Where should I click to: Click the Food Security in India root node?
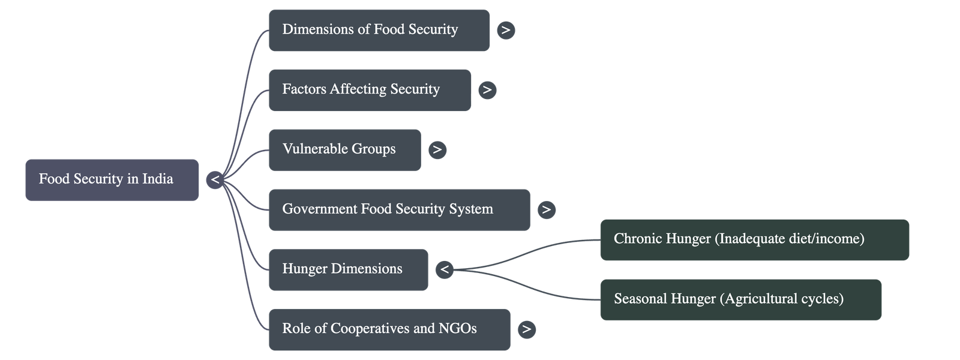pos(112,179)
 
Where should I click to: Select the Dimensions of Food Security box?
pos(379,30)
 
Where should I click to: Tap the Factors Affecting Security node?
pos(370,90)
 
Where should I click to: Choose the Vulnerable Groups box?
pos(344,149)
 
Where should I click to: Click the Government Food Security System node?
pos(399,209)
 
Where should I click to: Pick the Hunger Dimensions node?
pos(348,269)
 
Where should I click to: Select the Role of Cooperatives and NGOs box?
pos(389,329)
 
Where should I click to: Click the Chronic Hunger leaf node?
pos(754,239)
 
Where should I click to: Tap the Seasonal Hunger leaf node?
pos(740,299)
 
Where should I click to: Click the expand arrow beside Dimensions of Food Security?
pos(506,30)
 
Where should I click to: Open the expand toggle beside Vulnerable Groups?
pos(437,149)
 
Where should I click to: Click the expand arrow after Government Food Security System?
pos(546,209)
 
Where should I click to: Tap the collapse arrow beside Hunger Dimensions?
pos(445,269)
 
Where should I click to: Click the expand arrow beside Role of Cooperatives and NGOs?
pos(526,329)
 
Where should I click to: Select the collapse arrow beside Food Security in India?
pos(215,179)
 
